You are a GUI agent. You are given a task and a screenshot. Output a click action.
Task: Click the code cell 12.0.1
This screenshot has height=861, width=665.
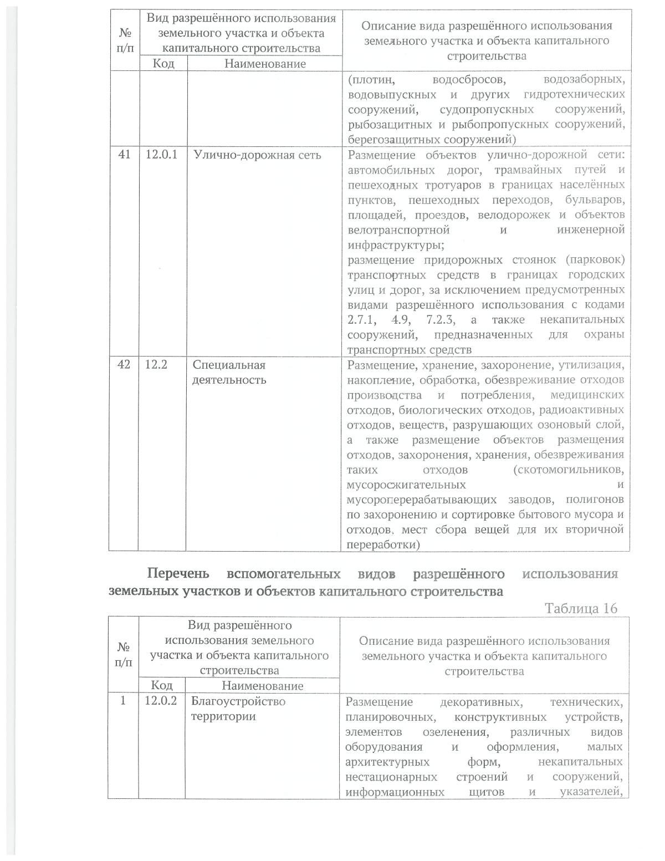161,155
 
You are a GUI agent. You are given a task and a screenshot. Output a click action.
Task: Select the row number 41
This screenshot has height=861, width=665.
125,155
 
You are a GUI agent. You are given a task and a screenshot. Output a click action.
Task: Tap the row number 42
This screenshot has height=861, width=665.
125,365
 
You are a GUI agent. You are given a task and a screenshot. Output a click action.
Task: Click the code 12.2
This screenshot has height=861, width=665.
156,365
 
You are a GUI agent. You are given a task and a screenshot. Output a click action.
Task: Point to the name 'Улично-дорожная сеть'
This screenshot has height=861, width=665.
257,155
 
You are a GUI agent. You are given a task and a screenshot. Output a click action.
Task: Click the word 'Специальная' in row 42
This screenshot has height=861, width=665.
229,365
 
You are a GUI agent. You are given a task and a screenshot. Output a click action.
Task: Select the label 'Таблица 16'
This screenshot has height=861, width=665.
581,608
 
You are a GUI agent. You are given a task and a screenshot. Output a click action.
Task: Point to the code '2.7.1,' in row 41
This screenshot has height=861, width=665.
363,320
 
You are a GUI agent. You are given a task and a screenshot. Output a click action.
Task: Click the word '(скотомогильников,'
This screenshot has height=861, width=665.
569,470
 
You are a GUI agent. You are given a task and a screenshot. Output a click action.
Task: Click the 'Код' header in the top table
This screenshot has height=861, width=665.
163,64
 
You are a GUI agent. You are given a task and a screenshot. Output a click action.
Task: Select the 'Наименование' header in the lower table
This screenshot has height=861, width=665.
263,686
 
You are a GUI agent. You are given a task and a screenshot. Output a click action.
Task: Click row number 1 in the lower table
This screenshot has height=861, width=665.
123,701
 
